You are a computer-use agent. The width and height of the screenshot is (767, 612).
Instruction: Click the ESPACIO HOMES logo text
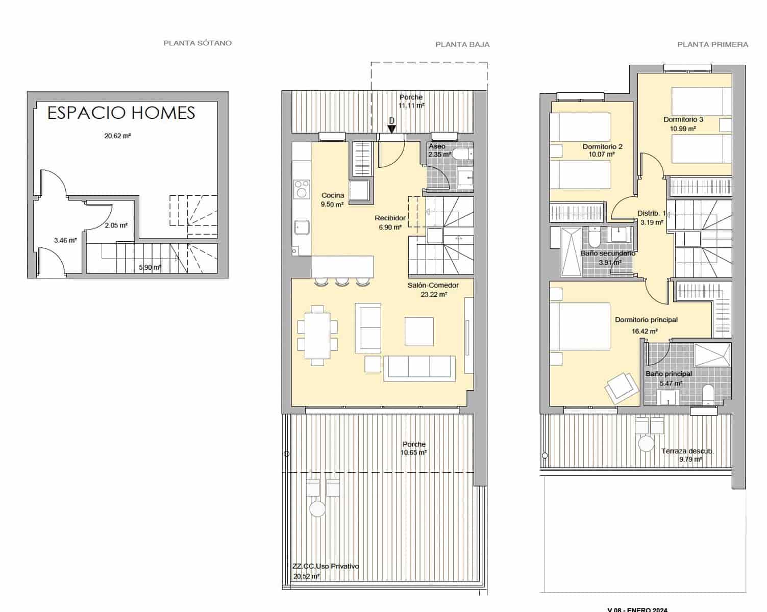click(121, 113)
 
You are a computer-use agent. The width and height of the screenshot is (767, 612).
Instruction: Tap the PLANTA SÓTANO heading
click(197, 43)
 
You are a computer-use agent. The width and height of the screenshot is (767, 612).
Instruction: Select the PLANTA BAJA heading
click(462, 44)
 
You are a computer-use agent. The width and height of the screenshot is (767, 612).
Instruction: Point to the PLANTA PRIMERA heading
click(712, 44)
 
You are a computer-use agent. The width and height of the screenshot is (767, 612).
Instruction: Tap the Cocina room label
click(333, 195)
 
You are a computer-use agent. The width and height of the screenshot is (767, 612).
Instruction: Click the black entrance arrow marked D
click(391, 129)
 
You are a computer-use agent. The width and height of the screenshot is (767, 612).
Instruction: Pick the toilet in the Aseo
click(463, 154)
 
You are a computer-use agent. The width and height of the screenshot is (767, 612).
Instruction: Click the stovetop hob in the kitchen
click(301, 189)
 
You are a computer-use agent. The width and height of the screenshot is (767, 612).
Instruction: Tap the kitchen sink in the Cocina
click(301, 227)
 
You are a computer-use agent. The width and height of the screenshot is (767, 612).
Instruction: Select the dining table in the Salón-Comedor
click(317, 335)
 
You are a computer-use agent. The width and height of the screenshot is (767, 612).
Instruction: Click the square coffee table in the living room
click(419, 331)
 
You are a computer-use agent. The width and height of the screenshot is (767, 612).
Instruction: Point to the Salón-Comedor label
click(433, 286)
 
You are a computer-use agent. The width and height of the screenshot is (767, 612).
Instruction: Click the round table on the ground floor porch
click(317, 508)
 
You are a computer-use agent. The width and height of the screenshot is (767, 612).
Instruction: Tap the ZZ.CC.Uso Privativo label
click(326, 566)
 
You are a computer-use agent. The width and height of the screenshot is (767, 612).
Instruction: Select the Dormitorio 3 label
click(683, 119)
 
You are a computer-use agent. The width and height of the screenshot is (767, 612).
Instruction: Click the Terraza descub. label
click(687, 451)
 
